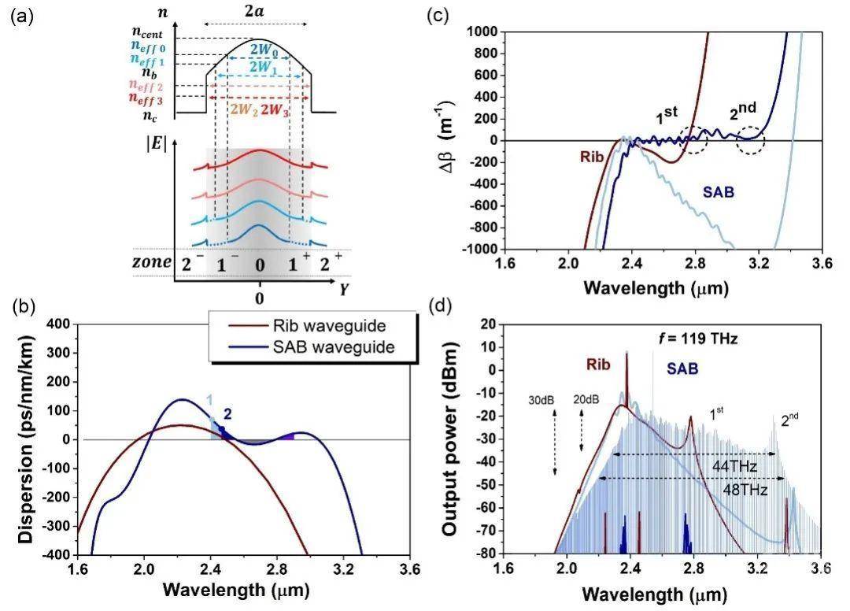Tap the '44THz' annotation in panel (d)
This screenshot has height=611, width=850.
pyautogui.click(x=734, y=467)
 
